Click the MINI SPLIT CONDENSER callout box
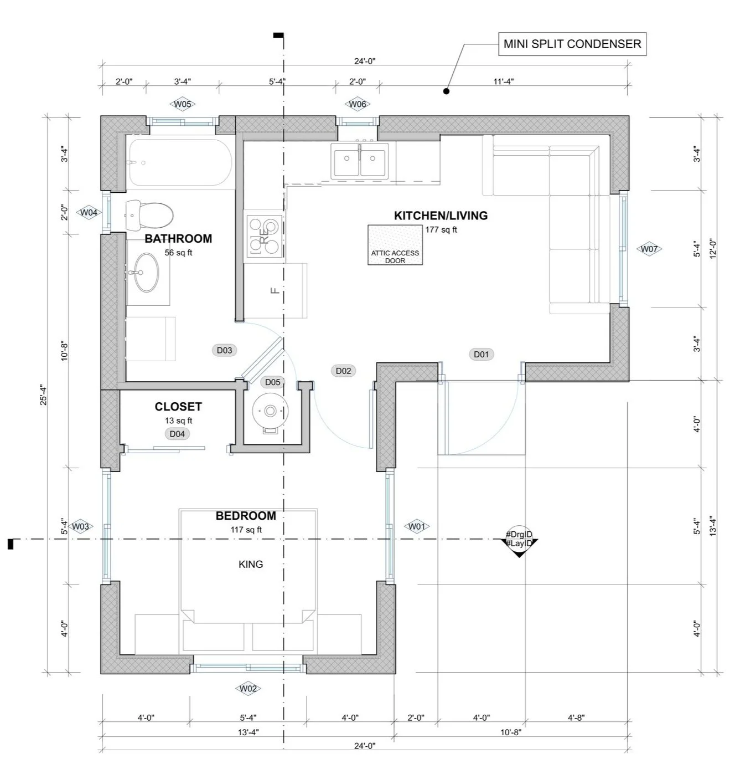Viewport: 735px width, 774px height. pyautogui.click(x=572, y=44)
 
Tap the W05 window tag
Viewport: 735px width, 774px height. pyautogui.click(x=183, y=104)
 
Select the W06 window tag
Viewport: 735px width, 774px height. pyautogui.click(x=357, y=104)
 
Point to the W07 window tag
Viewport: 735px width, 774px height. pyautogui.click(x=649, y=249)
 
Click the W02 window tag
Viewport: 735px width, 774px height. pyautogui.click(x=248, y=689)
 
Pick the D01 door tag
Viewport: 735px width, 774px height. pyautogui.click(x=482, y=354)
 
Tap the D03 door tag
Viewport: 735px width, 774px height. pyautogui.click(x=224, y=350)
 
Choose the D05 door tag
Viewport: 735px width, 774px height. pyautogui.click(x=272, y=382)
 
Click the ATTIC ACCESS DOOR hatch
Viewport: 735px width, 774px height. pyautogui.click(x=395, y=244)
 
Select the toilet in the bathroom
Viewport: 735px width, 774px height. pyautogui.click(x=149, y=215)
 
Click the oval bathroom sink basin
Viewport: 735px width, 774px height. pyautogui.click(x=146, y=273)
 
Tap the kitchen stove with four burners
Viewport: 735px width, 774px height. pyautogui.click(x=265, y=235)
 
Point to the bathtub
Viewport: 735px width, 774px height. pyautogui.click(x=179, y=162)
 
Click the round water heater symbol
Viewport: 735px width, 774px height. pyautogui.click(x=270, y=411)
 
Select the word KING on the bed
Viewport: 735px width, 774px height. pyautogui.click(x=251, y=564)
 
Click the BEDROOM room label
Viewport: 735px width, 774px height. pyautogui.click(x=246, y=516)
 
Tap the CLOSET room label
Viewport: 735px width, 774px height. pyautogui.click(x=178, y=407)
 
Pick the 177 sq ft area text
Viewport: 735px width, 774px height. pyautogui.click(x=441, y=229)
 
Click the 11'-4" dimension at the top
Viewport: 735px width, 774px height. pyautogui.click(x=503, y=81)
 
